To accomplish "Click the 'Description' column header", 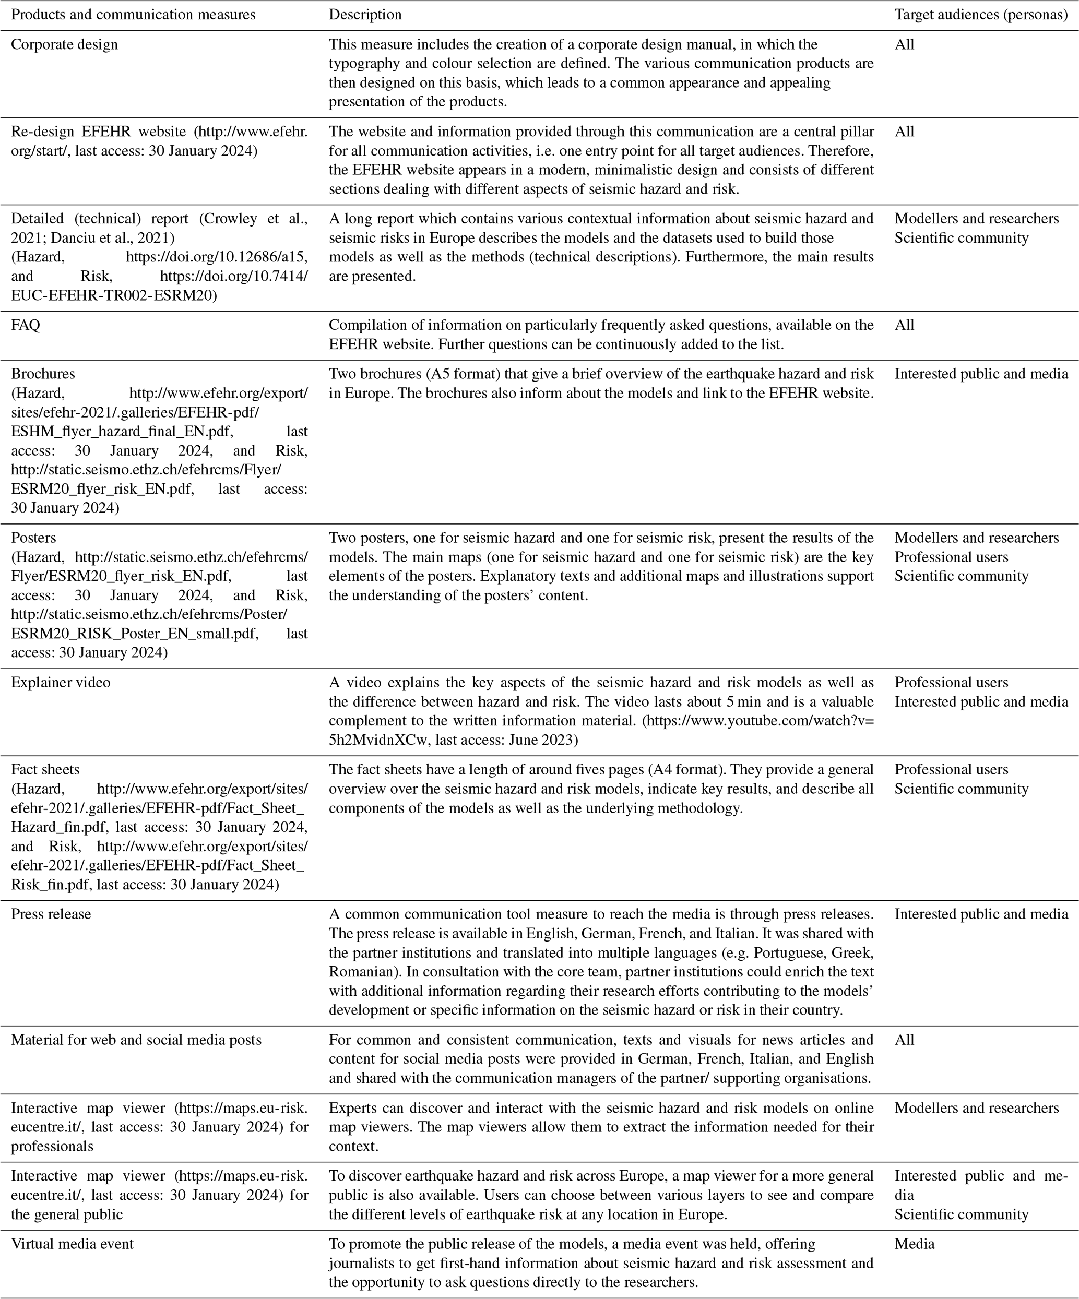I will pyautogui.click(x=365, y=14).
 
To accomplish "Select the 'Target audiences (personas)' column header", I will pyautogui.click(x=981, y=14).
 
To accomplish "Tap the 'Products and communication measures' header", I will pyautogui.click(x=133, y=14).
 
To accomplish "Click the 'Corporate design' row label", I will pyautogui.click(x=64, y=44).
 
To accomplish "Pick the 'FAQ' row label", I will pyautogui.click(x=26, y=325).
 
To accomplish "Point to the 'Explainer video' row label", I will pyautogui.click(x=61, y=682).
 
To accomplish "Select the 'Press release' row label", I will pyautogui.click(x=51, y=914).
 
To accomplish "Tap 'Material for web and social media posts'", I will pyautogui.click(x=136, y=1040).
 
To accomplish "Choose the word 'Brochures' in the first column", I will pyautogui.click(x=43, y=374).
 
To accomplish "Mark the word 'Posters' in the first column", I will pyautogui.click(x=33, y=538).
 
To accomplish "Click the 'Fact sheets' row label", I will pyautogui.click(x=45, y=769).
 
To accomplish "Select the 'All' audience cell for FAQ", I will pyautogui.click(x=904, y=325).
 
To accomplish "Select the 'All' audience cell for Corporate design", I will pyautogui.click(x=904, y=44).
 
